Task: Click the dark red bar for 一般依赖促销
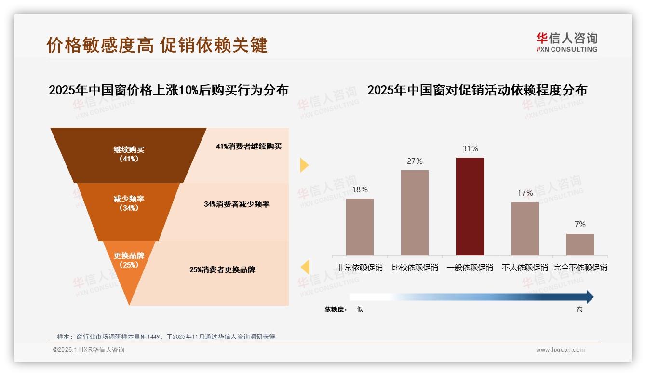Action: pyautogui.click(x=470, y=206)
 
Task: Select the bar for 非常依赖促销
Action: pyautogui.click(x=360, y=227)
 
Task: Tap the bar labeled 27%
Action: pyautogui.click(x=415, y=212)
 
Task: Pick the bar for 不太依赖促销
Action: pyautogui.click(x=525, y=228)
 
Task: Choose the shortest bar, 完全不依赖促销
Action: pyautogui.click(x=580, y=244)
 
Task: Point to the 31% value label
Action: pyautogui.click(x=470, y=149)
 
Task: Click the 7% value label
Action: pyautogui.click(x=580, y=225)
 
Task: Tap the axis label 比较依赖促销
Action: pyautogui.click(x=415, y=268)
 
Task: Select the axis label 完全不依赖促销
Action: pyautogui.click(x=580, y=268)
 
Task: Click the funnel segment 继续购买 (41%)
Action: pyautogui.click(x=129, y=154)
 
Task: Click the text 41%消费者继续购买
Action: pyautogui.click(x=248, y=147)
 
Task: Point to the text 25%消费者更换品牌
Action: pyautogui.click(x=222, y=270)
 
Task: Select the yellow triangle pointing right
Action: pyautogui.click(x=304, y=165)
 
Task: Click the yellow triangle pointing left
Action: pyautogui.click(x=305, y=267)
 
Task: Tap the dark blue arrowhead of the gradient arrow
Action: pyautogui.click(x=589, y=297)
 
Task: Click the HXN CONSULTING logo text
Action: pyautogui.click(x=566, y=49)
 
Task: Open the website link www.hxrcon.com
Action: pyautogui.click(x=560, y=350)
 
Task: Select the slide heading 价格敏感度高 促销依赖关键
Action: pyautogui.click(x=157, y=45)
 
